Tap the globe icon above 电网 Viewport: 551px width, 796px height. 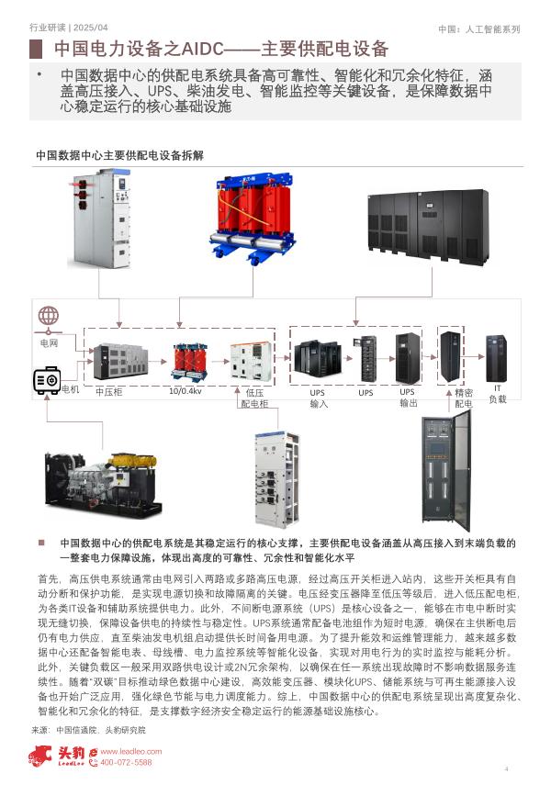(x=49, y=317)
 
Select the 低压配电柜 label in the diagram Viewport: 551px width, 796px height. (x=254, y=398)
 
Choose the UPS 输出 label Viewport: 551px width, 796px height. (x=408, y=398)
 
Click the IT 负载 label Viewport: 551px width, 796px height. (x=498, y=394)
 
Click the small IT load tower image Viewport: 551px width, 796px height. (x=497, y=359)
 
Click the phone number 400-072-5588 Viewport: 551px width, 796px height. (x=125, y=762)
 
